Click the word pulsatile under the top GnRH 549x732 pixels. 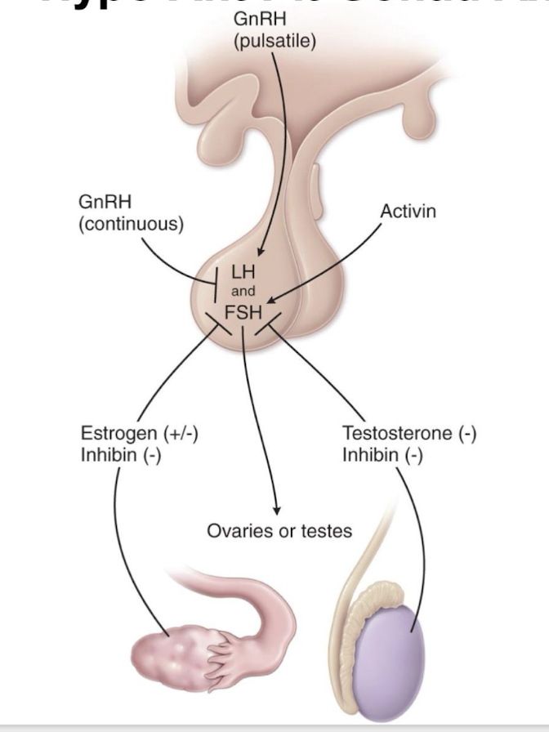(x=274, y=42)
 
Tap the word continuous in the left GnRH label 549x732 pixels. (x=131, y=223)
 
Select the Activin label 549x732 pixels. (x=408, y=212)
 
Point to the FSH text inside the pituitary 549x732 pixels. (x=242, y=311)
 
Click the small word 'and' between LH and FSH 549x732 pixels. (x=243, y=292)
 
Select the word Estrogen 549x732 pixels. (x=115, y=433)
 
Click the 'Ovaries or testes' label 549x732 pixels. (x=279, y=531)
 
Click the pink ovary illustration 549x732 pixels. (x=167, y=654)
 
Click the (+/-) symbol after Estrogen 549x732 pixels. (x=179, y=433)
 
